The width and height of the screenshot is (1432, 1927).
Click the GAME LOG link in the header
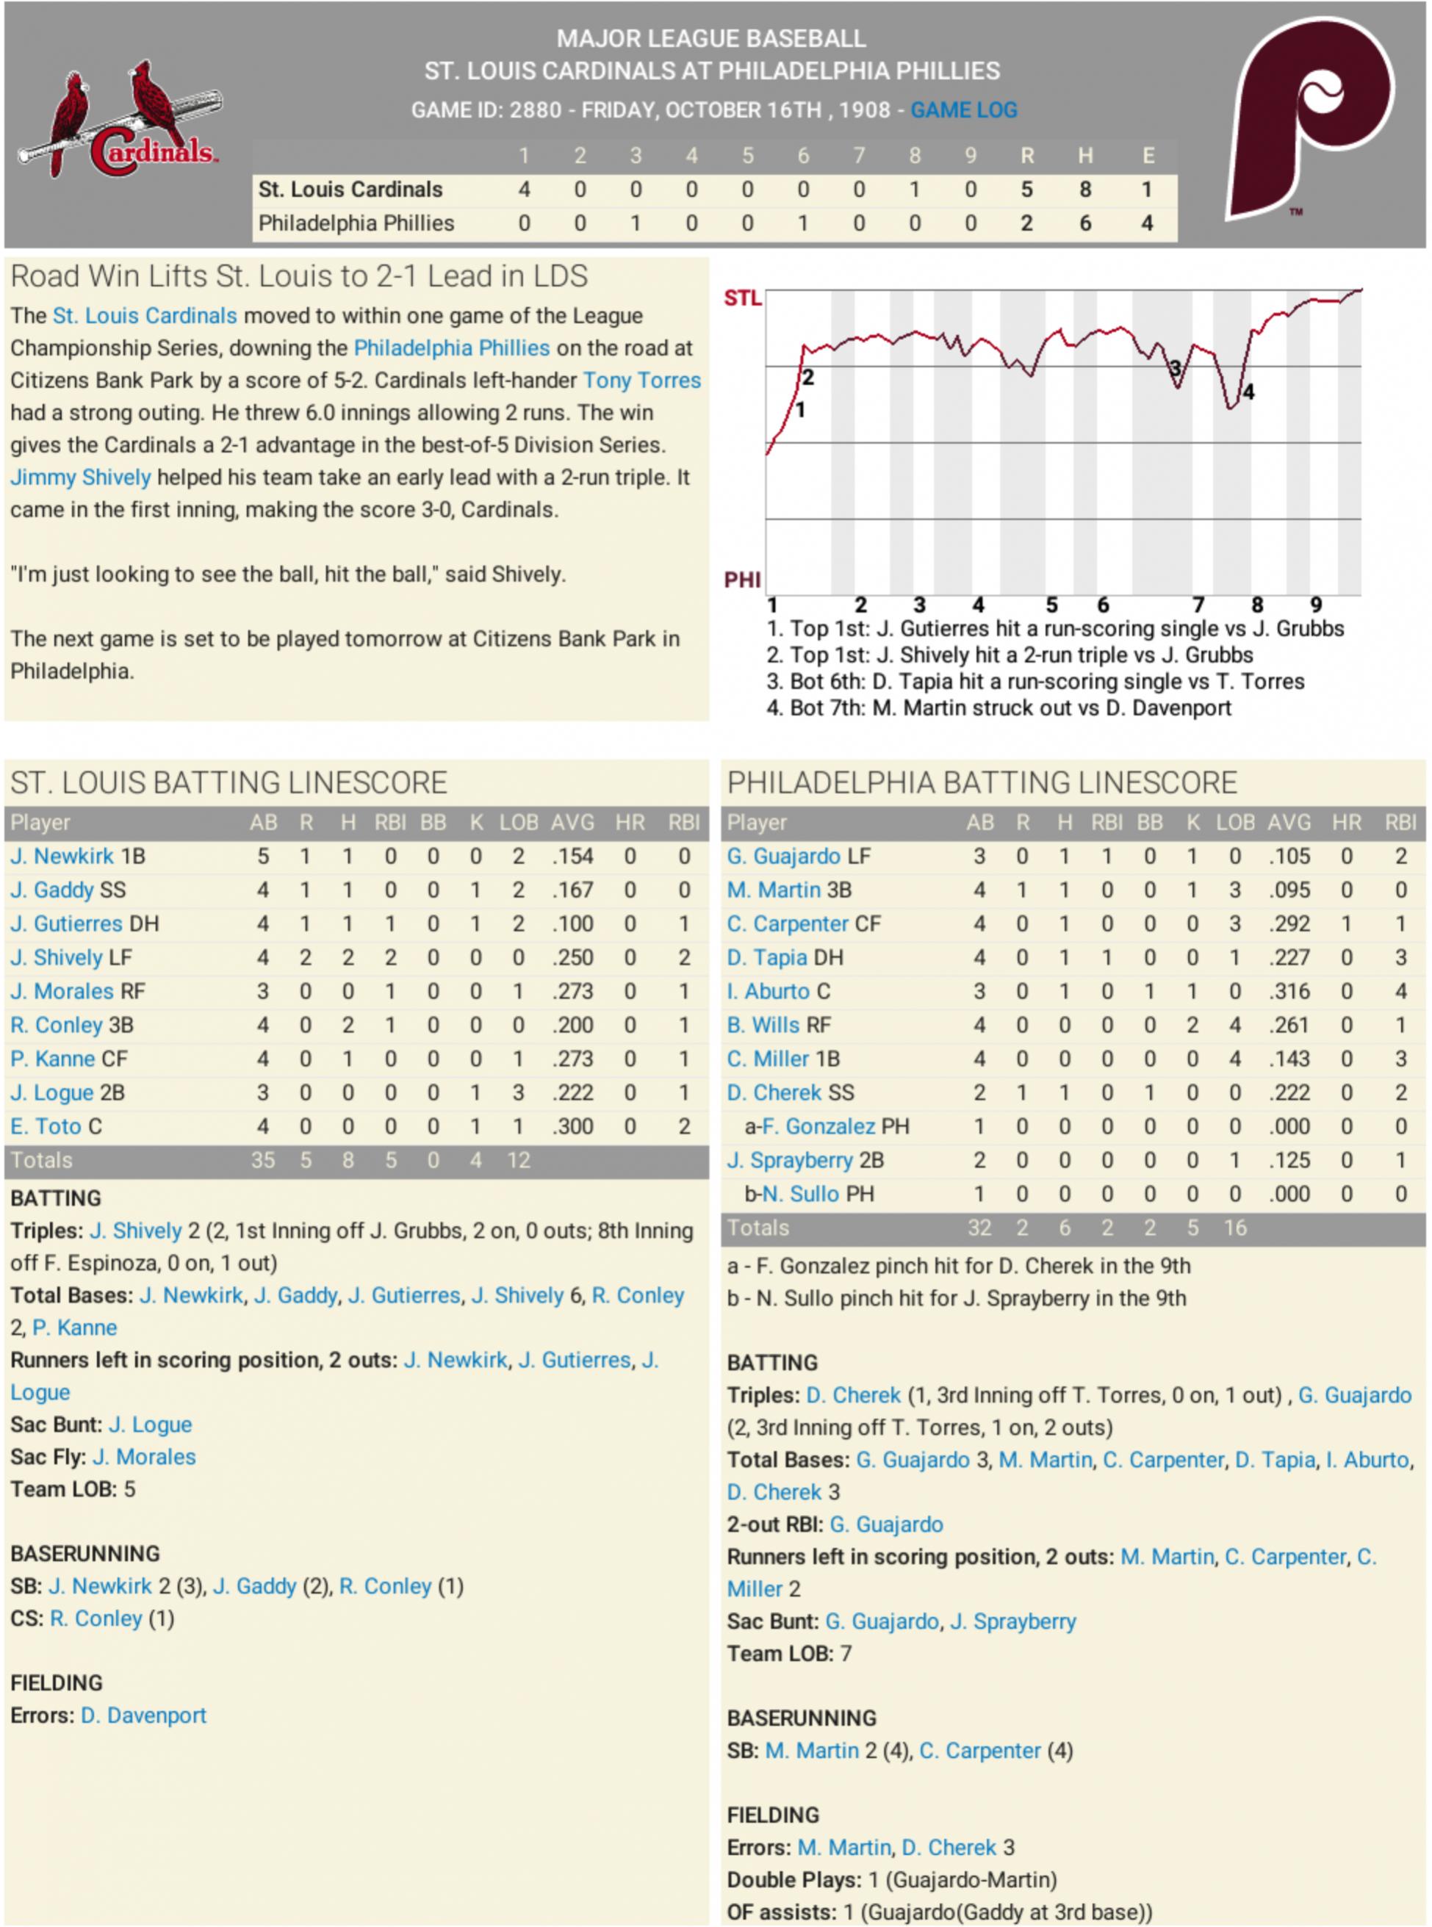click(963, 110)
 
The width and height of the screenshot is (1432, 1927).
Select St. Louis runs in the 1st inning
click(524, 189)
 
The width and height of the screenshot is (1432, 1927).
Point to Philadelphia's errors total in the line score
click(1146, 223)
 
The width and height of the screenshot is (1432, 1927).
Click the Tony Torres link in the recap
click(641, 380)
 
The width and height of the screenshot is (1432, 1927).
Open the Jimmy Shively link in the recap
click(81, 477)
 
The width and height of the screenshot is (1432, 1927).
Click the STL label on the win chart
click(742, 298)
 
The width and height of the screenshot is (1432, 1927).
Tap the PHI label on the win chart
click(742, 579)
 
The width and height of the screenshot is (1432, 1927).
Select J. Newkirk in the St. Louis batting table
click(62, 856)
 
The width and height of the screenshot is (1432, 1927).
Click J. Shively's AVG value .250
click(573, 957)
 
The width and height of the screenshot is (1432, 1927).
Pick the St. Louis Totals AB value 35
click(262, 1160)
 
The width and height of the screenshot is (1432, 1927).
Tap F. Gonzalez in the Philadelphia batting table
click(818, 1126)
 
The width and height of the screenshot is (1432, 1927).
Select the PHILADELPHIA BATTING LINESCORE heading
click(982, 782)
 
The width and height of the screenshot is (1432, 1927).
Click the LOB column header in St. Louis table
click(519, 822)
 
